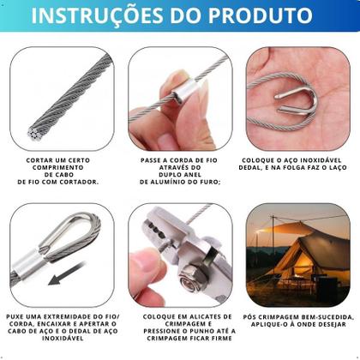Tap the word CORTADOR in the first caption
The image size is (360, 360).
pyautogui.click(x=76, y=182)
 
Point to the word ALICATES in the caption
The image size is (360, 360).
pyautogui.click(x=193, y=315)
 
